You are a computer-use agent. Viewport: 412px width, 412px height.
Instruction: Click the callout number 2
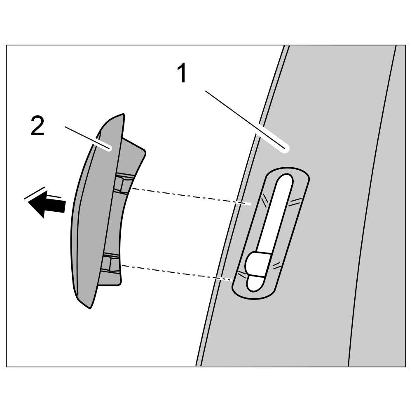click(37, 126)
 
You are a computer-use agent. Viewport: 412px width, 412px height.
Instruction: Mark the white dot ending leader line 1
click(284, 148)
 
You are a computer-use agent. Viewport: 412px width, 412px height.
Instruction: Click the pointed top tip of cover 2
click(122, 115)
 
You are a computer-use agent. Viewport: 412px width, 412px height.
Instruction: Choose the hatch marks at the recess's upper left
click(264, 200)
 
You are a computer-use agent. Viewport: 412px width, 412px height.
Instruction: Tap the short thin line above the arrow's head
click(35, 193)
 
